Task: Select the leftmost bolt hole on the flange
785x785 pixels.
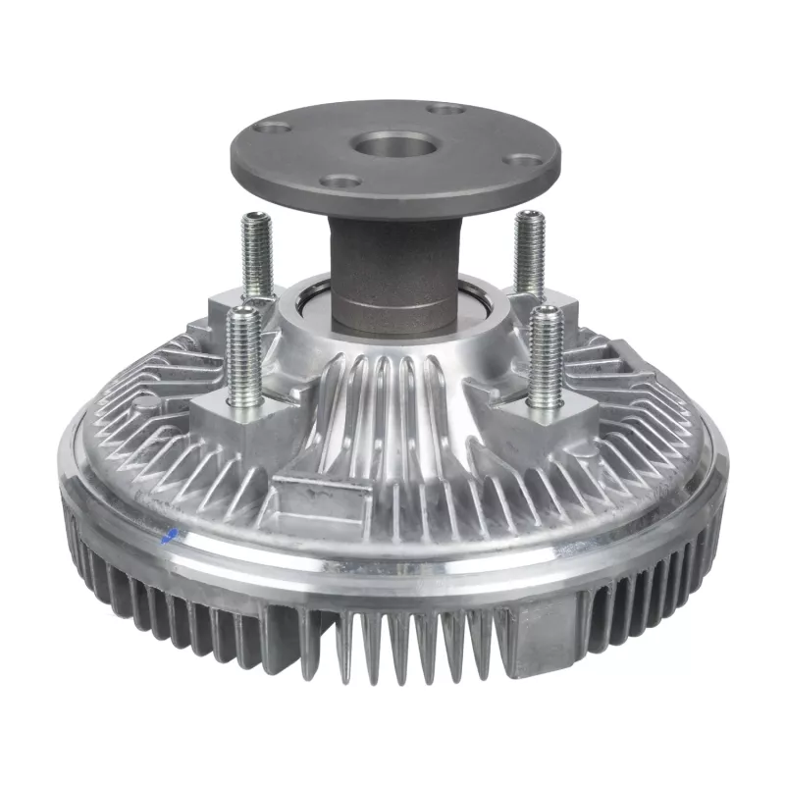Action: pos(276,127)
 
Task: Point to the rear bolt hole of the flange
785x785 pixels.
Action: pos(446,109)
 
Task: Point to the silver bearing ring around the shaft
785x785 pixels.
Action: pos(306,314)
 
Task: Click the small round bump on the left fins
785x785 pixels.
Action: pos(144,402)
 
